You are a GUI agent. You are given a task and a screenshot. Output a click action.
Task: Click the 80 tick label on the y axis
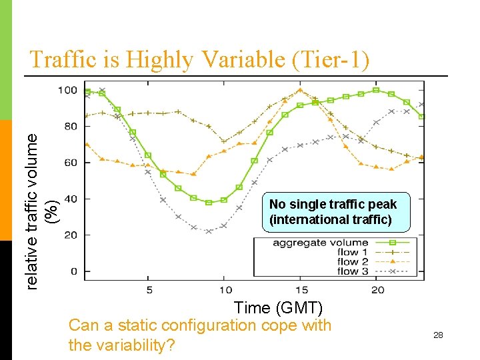click(69, 126)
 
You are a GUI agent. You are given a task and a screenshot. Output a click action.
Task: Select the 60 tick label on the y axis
click(69, 163)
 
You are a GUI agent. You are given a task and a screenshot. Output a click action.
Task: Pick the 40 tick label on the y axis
click(69, 199)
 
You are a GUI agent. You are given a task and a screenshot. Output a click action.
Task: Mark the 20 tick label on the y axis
click(69, 235)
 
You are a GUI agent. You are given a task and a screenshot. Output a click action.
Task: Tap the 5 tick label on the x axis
click(149, 289)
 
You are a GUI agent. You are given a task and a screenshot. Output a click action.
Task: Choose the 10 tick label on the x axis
click(225, 289)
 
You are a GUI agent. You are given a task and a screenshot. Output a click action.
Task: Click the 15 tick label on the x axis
click(301, 289)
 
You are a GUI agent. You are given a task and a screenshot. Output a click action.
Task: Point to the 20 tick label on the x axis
click(377, 289)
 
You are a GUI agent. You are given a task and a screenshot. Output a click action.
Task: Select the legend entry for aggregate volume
click(320, 243)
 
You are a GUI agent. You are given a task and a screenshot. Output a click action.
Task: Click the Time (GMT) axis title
click(278, 307)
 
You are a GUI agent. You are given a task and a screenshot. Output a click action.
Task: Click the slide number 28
click(438, 335)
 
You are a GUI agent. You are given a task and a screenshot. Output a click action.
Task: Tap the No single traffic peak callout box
click(333, 211)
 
